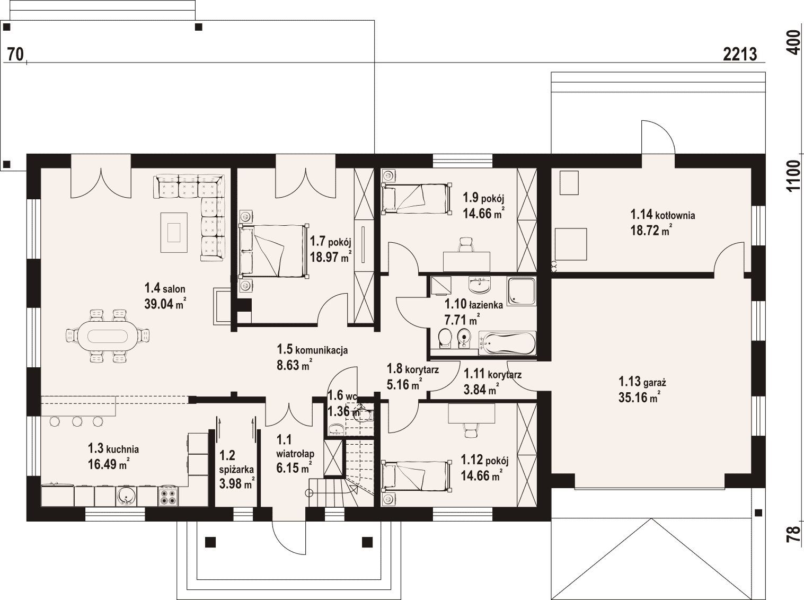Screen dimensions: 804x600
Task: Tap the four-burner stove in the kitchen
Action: [168, 496]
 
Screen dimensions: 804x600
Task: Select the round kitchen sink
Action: [126, 496]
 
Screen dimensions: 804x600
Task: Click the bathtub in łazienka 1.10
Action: [507, 343]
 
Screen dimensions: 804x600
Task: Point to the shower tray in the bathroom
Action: [522, 291]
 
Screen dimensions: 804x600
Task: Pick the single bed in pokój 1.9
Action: [416, 198]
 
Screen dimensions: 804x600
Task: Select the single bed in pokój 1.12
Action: [416, 476]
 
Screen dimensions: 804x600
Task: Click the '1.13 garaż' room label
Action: [642, 382]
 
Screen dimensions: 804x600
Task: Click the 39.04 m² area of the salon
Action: [165, 304]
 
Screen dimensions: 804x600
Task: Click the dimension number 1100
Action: [793, 176]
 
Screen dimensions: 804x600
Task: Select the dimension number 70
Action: [15, 55]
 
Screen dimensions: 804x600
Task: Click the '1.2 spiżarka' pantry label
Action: [236, 462]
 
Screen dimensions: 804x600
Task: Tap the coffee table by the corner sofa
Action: [174, 232]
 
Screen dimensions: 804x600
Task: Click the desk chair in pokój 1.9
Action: [466, 244]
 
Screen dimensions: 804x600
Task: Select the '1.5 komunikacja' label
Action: [312, 350]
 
